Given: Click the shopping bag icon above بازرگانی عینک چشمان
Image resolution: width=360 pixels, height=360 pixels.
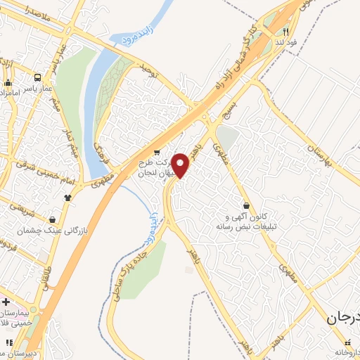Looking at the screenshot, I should pyautogui.click(x=53, y=219).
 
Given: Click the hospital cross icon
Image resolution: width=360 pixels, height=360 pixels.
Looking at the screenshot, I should pyautogui.click(x=6, y=302).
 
